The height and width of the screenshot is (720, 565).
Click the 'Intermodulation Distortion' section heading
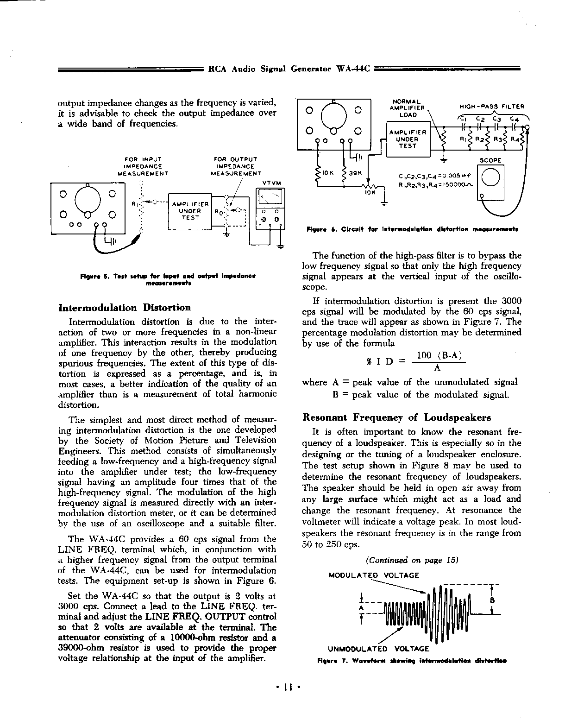click(125, 308)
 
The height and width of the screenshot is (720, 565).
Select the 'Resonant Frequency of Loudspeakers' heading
click(396, 417)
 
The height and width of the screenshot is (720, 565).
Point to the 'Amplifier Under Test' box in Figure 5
click(190, 211)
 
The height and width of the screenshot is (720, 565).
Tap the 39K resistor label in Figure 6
click(356, 173)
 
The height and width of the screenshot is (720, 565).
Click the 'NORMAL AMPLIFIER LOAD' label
click(407, 108)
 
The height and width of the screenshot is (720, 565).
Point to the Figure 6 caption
click(412, 229)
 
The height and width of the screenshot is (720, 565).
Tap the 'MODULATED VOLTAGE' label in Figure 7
click(373, 575)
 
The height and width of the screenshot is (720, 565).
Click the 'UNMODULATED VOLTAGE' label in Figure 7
click(378, 649)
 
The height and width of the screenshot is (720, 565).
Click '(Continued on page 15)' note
click(412, 560)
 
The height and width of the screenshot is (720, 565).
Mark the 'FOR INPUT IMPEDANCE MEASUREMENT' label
click(143, 166)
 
